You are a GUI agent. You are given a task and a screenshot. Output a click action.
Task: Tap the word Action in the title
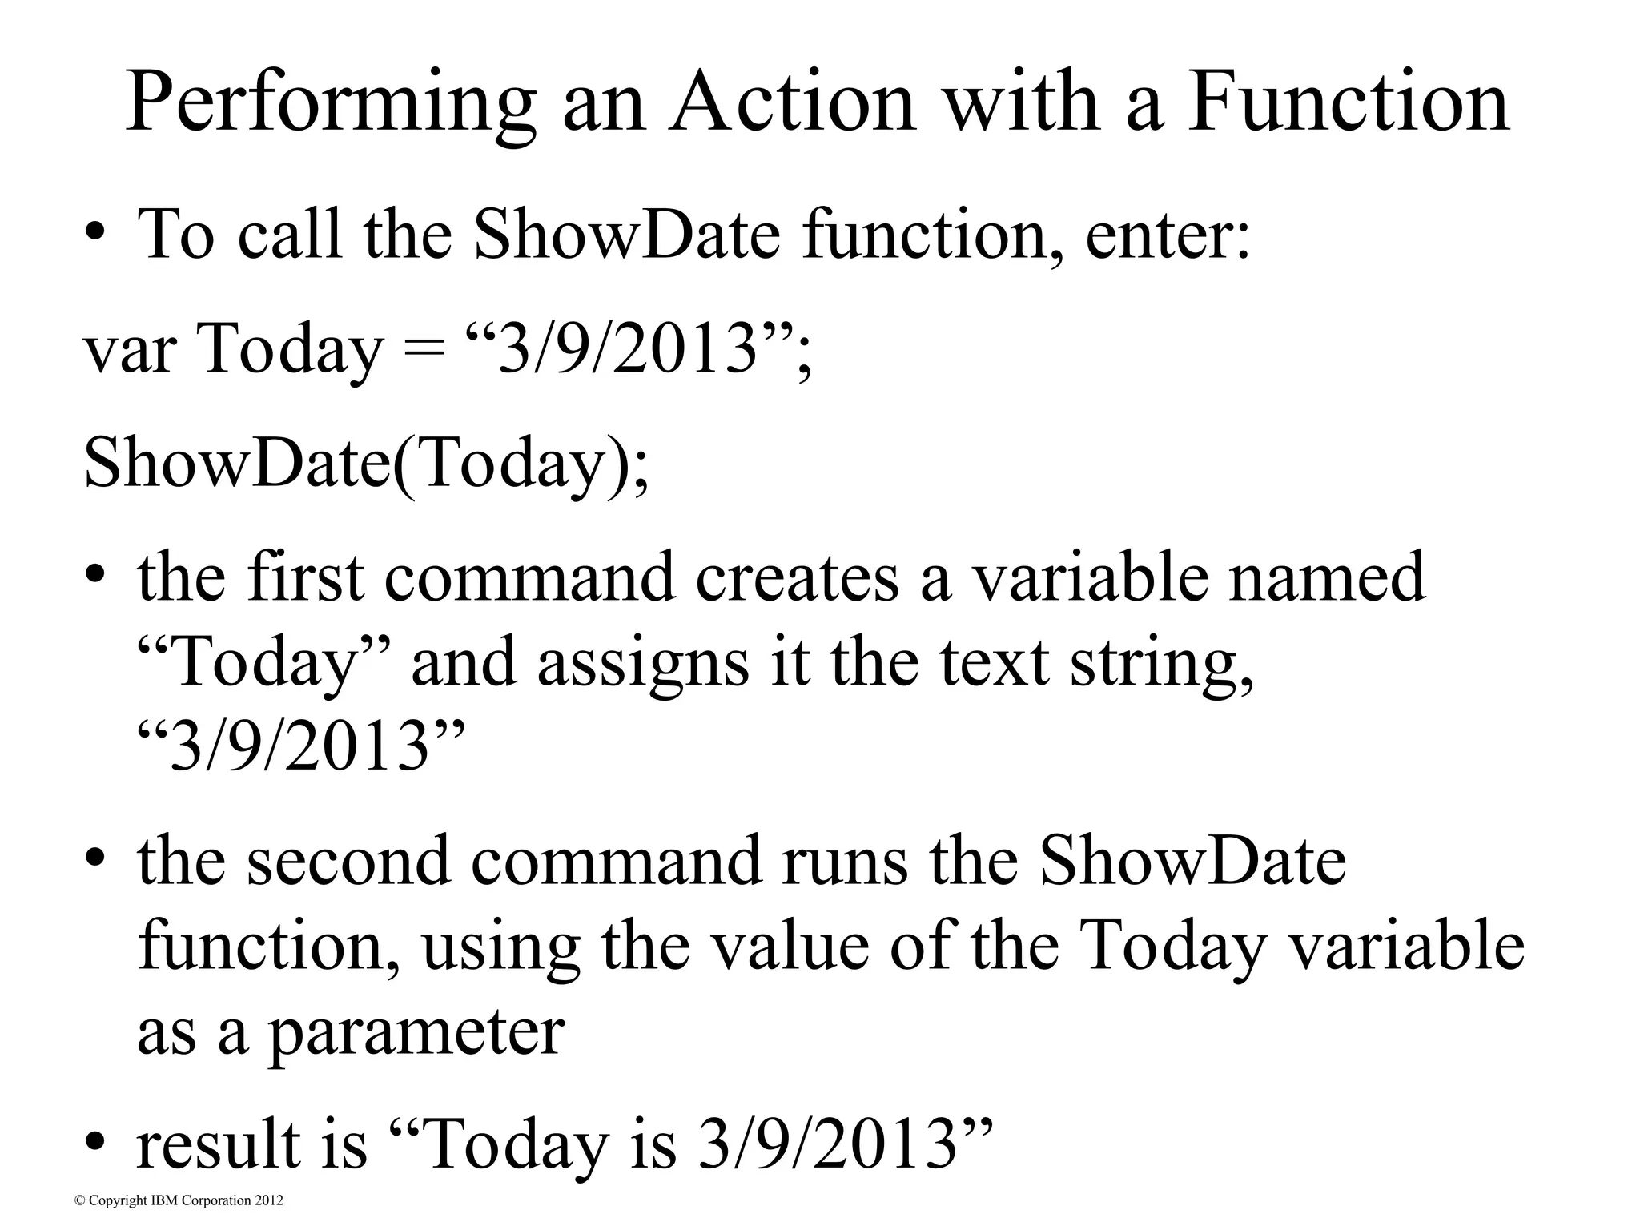click(x=793, y=102)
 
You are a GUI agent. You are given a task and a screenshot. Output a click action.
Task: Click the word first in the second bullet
click(x=305, y=577)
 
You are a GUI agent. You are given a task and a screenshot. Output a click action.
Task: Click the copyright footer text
click(x=179, y=1201)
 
